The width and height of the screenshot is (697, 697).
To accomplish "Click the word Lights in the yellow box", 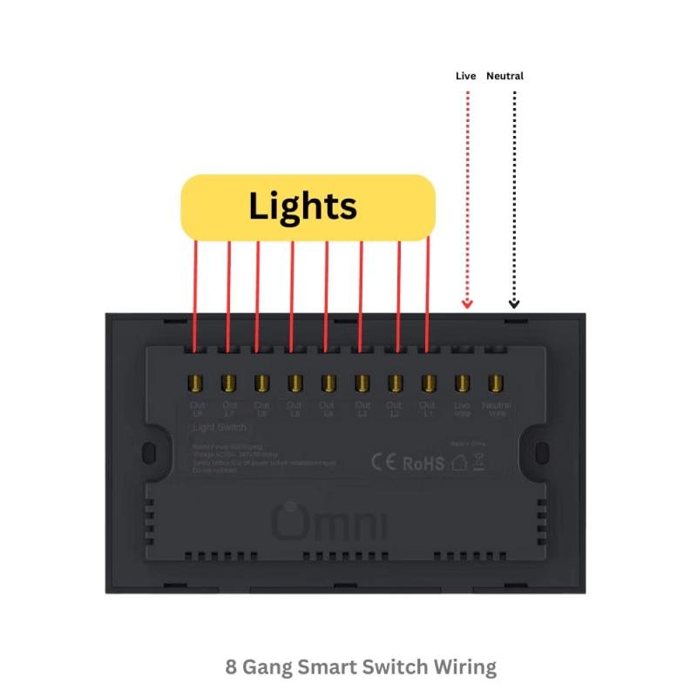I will (x=303, y=206).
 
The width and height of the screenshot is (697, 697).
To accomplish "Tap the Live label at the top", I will (x=466, y=77).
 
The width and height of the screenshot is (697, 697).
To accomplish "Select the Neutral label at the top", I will (x=504, y=77).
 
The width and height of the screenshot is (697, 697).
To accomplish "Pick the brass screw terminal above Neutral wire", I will (x=496, y=382).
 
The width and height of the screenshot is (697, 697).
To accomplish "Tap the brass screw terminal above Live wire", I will (x=463, y=382).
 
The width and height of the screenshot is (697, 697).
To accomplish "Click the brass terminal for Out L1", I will (x=428, y=382).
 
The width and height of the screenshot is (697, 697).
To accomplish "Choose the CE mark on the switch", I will (x=384, y=462).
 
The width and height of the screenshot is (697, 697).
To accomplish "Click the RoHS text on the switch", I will (x=424, y=463).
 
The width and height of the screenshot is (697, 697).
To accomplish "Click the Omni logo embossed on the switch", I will (x=332, y=522).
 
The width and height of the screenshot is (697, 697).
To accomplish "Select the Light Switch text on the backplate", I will (x=219, y=428).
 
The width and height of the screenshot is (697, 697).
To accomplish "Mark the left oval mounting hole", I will (x=149, y=454).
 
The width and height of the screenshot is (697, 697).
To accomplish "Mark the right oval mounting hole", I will (x=542, y=454).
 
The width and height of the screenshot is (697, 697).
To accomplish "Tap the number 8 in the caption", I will (x=231, y=668).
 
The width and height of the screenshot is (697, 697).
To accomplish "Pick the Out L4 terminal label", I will (x=327, y=409).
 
